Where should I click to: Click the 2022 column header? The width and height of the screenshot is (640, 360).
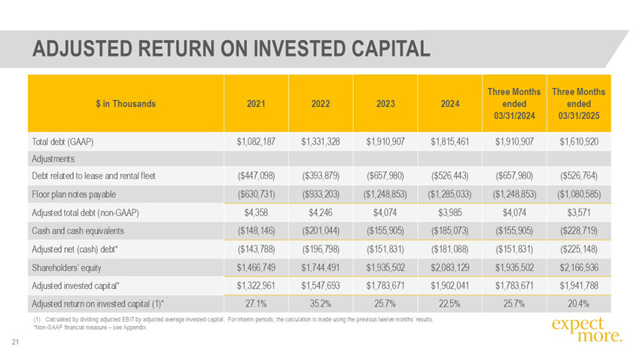(x=321, y=104)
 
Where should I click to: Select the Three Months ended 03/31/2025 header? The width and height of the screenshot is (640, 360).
(x=578, y=104)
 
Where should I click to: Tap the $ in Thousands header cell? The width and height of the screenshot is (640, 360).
(x=126, y=104)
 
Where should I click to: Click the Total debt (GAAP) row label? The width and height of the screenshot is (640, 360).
(x=62, y=142)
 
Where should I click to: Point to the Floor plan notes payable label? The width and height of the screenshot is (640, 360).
(x=74, y=194)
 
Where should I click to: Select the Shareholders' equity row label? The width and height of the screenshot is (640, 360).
(x=66, y=268)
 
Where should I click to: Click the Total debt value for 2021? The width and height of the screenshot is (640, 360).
(x=256, y=142)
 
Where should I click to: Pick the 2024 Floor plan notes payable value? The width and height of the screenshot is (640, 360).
(x=450, y=194)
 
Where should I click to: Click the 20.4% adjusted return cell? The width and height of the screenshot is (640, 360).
(x=578, y=304)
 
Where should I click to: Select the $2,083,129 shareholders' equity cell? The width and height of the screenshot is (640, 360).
(x=450, y=268)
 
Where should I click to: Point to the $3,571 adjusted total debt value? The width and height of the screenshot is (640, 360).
(x=578, y=212)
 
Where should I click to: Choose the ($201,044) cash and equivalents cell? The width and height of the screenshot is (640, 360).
(x=321, y=231)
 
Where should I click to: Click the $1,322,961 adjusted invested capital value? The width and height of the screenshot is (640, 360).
(x=256, y=285)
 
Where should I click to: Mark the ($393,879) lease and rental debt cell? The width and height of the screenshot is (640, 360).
(x=321, y=176)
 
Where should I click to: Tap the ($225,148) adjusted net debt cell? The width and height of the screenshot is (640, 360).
(x=578, y=249)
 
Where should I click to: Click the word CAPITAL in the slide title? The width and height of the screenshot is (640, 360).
(x=391, y=48)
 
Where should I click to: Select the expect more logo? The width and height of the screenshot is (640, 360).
(x=587, y=330)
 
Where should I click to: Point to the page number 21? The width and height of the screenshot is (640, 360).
(x=16, y=342)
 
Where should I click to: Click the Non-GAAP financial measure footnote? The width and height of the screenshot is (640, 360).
(x=89, y=328)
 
